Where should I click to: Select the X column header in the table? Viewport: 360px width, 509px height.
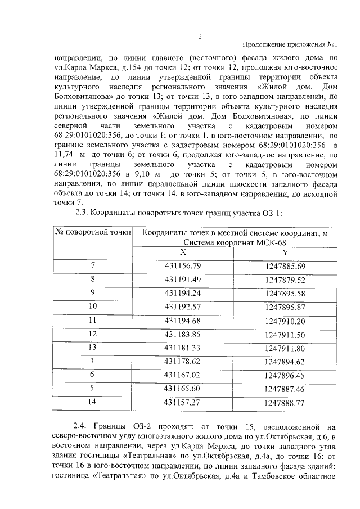183,253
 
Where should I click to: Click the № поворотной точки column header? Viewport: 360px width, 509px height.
93,232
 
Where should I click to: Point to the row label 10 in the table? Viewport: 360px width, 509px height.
93,307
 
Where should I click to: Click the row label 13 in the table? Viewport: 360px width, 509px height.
93,348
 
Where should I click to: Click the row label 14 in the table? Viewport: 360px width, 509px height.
93,402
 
